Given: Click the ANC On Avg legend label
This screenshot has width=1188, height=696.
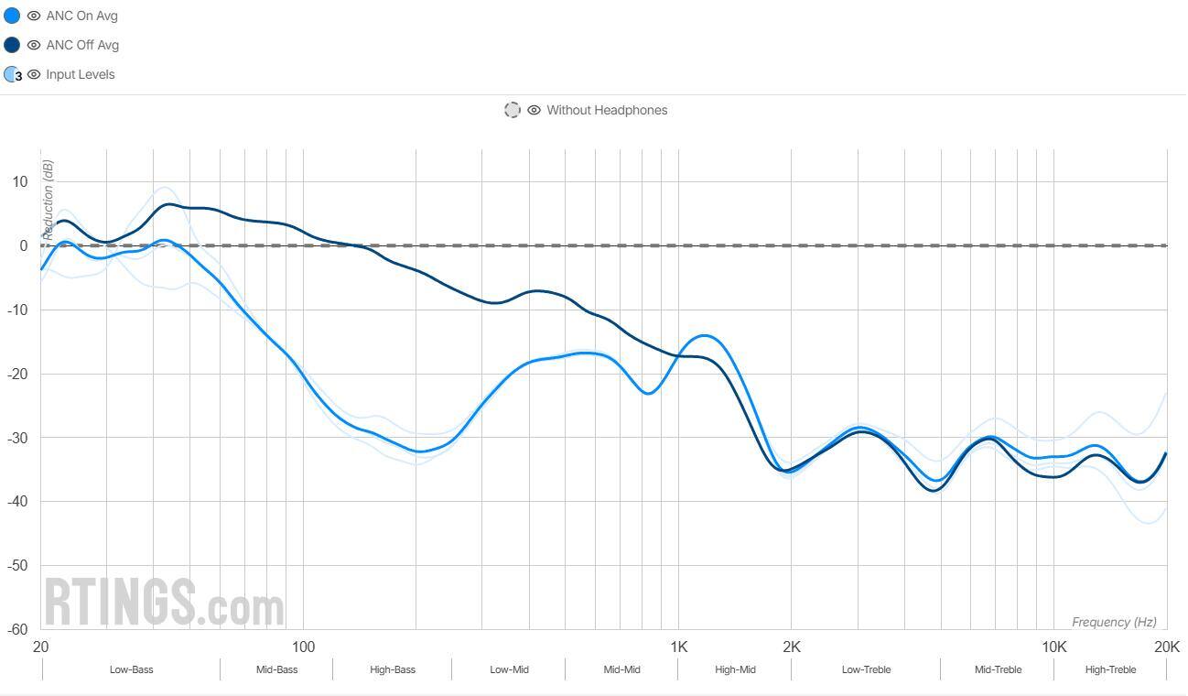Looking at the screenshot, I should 81,16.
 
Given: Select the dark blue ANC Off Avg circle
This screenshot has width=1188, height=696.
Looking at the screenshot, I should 12,45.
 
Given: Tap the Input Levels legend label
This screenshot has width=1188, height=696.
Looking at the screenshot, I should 81,74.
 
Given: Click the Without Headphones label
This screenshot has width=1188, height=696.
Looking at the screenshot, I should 607,110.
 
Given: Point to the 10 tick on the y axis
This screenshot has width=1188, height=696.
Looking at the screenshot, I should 20,181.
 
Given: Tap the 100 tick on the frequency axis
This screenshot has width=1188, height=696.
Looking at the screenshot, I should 302,647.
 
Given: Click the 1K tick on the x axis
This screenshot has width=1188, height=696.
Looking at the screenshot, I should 678,647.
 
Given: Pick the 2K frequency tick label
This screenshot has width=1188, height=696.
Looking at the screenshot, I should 791,647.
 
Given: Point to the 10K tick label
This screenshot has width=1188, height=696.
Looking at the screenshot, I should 1053,647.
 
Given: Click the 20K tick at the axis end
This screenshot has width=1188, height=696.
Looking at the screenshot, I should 1166,647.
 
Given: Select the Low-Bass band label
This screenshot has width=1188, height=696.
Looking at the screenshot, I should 131,669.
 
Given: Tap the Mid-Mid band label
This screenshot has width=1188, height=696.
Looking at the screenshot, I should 621,669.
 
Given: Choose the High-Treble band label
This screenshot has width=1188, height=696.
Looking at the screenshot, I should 1110,669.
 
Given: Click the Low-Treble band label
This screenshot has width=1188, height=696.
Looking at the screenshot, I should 866,669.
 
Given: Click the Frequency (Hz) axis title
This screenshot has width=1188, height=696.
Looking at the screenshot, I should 1114,622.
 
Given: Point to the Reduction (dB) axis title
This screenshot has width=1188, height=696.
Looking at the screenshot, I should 48,200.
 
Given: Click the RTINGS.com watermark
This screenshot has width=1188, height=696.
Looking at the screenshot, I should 165,602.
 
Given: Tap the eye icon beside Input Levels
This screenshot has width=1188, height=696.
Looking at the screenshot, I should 34,74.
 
